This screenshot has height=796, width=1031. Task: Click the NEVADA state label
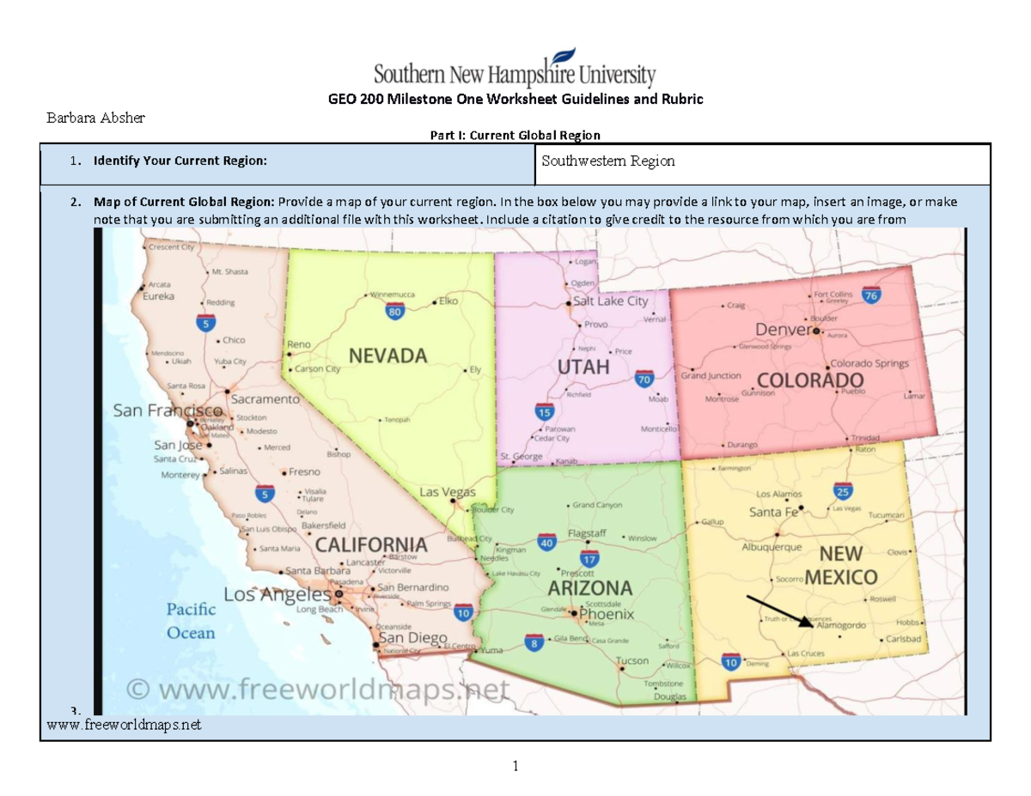point(387,355)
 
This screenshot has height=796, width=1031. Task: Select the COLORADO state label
point(810,380)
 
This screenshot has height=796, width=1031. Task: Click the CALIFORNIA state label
point(370,544)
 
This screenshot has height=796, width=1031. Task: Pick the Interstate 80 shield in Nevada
point(395,312)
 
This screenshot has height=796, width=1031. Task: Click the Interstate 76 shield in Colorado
point(871,295)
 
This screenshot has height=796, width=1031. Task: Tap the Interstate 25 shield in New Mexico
point(843,490)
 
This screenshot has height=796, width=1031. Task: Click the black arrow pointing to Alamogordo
point(778,611)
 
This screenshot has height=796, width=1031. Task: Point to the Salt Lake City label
point(610,301)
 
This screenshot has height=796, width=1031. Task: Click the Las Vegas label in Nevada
point(447,492)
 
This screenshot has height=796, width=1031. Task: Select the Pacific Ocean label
point(191,621)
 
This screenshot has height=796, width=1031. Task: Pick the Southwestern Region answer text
point(608,161)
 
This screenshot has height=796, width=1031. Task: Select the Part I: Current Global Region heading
point(515,135)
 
